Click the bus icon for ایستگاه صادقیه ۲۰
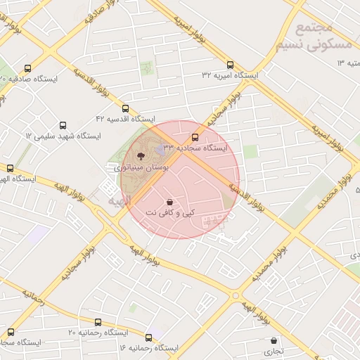(x=27, y=68)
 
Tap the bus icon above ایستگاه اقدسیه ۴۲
(x=126, y=108)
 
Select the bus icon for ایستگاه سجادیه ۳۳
(x=195, y=137)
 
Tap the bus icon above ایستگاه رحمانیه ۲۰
(x=10, y=331)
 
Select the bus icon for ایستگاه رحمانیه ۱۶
(x=148, y=337)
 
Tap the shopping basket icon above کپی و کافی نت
(x=170, y=202)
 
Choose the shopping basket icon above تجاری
(x=273, y=340)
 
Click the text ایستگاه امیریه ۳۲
(x=230, y=75)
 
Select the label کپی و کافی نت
(x=170, y=212)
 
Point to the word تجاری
(x=273, y=350)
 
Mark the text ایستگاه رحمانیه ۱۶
(x=149, y=348)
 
